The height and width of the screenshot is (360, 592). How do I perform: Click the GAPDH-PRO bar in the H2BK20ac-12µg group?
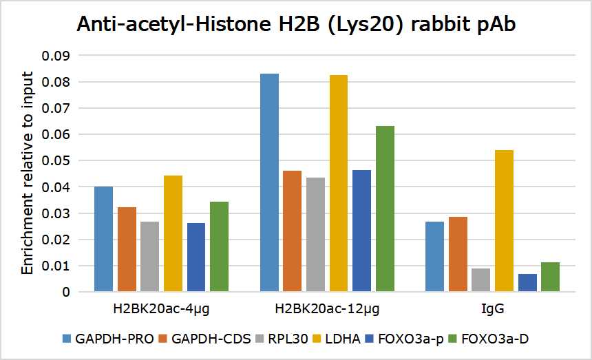(x=269, y=182)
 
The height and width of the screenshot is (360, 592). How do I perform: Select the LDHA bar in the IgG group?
(x=505, y=221)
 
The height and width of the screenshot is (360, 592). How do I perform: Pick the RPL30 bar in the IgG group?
(x=480, y=280)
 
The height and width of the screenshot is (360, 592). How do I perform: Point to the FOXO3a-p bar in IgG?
(x=527, y=283)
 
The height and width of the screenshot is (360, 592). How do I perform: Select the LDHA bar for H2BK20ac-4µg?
(x=173, y=233)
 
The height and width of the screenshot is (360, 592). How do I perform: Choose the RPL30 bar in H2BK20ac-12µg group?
(x=315, y=235)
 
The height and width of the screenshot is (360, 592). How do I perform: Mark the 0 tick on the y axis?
(x=66, y=293)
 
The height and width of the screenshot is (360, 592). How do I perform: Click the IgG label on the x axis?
(x=493, y=309)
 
